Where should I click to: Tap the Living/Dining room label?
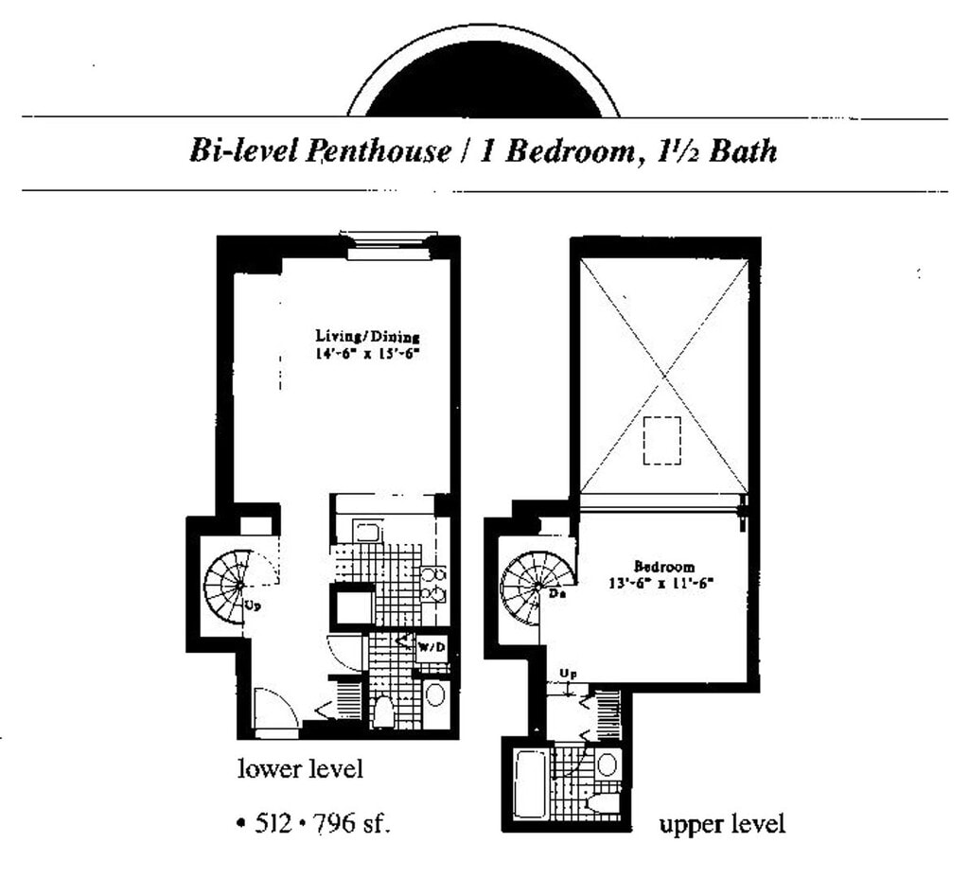(367, 336)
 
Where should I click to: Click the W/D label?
(432, 647)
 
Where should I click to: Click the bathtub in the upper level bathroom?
(532, 784)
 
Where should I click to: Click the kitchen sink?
(367, 532)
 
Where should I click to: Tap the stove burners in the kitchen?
(434, 583)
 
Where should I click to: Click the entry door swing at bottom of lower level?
(273, 711)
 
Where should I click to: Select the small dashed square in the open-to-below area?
(661, 440)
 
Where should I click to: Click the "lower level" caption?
(300, 768)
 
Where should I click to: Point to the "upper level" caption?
(721, 824)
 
